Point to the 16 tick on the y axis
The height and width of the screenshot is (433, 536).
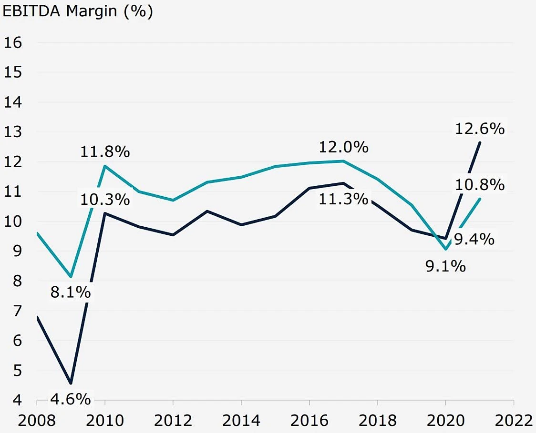click(13, 42)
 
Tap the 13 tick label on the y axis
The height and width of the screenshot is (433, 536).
click(13, 132)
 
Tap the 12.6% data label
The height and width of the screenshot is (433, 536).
click(480, 129)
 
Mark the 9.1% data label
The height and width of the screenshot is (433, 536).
click(445, 266)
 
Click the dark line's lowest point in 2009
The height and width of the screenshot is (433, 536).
click(71, 383)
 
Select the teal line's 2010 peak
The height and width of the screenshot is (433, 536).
click(104, 166)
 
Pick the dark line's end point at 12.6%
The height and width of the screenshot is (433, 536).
click(480, 143)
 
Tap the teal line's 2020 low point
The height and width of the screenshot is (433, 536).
click(445, 249)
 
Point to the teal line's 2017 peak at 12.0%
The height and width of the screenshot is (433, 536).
click(343, 161)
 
